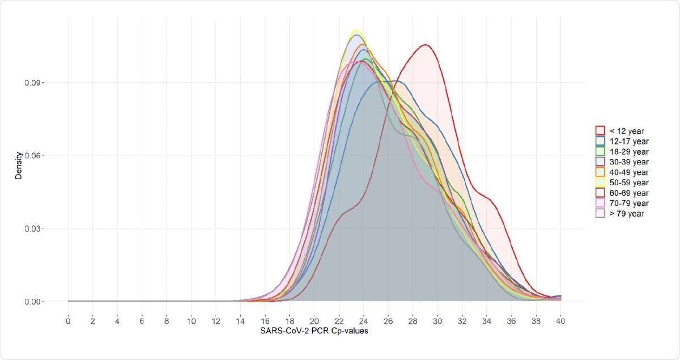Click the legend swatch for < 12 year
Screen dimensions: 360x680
click(600, 131)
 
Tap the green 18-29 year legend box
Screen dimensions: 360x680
click(600, 151)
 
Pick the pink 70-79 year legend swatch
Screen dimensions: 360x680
click(600, 203)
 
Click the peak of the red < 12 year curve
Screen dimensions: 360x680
click(425, 45)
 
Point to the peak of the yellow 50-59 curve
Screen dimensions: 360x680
click(356, 30)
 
